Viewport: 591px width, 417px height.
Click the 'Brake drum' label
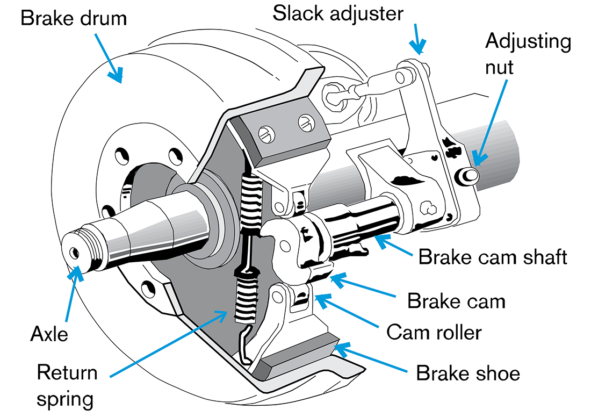(73, 18)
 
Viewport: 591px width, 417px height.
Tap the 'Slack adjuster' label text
(337, 13)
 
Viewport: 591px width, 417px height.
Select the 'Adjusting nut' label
(528, 54)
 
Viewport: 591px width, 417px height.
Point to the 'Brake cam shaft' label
(493, 256)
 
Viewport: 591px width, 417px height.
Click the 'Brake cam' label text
(456, 300)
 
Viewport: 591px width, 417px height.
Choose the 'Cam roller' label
(434, 332)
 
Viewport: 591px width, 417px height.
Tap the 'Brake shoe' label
(468, 372)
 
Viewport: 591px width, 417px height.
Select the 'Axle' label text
(49, 334)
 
